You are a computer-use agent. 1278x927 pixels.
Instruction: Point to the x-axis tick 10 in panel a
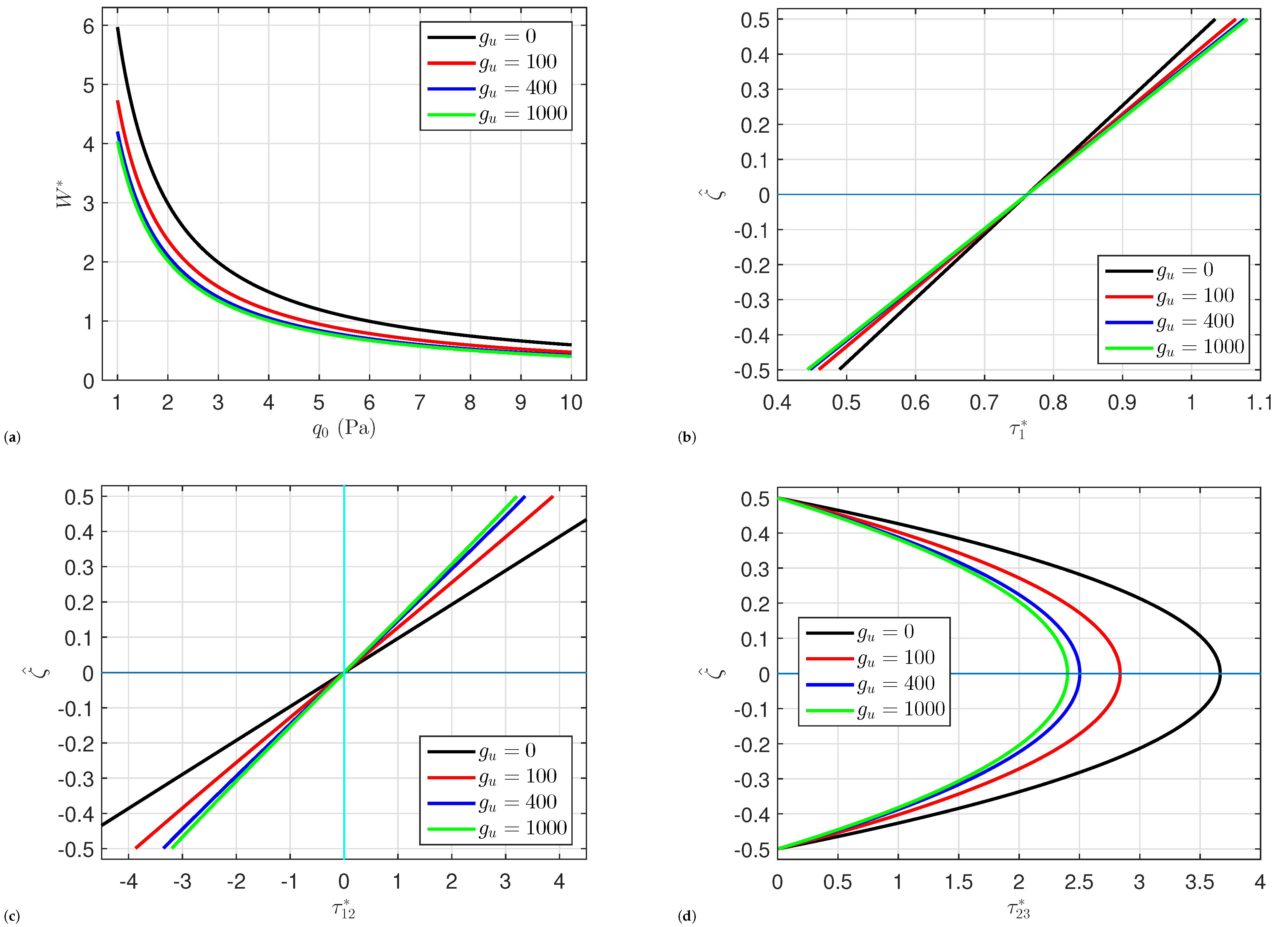tap(571, 402)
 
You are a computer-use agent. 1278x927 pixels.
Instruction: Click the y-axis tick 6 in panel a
tap(89, 26)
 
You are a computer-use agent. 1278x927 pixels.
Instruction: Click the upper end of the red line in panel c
tap(552, 497)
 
